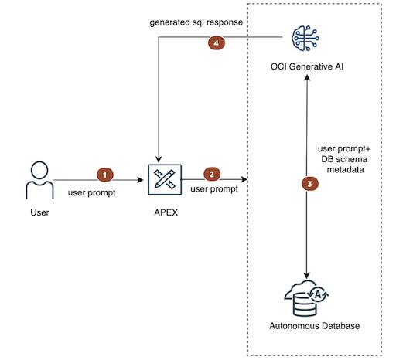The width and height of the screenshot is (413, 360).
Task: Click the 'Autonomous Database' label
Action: tap(308, 326)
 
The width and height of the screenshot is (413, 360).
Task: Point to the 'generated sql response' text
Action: tap(196, 22)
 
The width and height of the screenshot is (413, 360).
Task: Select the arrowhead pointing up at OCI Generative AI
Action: tap(308, 79)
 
